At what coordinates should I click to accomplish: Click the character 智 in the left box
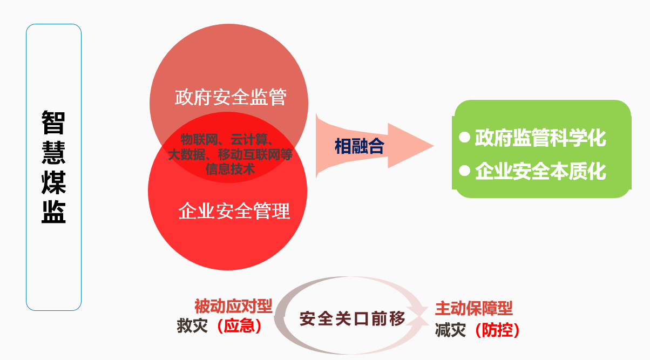click(x=53, y=123)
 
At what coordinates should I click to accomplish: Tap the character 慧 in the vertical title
click(x=53, y=153)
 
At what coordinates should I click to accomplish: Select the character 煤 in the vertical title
click(x=53, y=182)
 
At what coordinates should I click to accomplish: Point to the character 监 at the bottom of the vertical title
click(x=53, y=212)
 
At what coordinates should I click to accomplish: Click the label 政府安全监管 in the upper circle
click(x=231, y=97)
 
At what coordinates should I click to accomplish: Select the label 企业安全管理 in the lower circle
click(x=234, y=211)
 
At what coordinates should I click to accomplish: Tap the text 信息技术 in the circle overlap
click(x=231, y=169)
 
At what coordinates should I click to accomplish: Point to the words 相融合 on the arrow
click(x=360, y=146)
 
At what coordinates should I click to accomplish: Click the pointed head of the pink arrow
click(x=434, y=146)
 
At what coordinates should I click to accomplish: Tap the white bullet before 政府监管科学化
click(x=465, y=137)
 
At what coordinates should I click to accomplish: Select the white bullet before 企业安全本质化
click(x=465, y=171)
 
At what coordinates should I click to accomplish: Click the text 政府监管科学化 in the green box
click(x=540, y=138)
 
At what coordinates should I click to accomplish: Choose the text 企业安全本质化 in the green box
click(x=540, y=171)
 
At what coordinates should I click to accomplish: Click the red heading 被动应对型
click(x=233, y=307)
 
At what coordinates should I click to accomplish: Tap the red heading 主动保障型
click(x=473, y=308)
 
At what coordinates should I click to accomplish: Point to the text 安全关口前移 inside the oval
click(x=352, y=318)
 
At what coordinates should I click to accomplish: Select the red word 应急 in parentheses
click(x=239, y=326)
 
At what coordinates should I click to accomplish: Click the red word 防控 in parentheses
click(x=497, y=330)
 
